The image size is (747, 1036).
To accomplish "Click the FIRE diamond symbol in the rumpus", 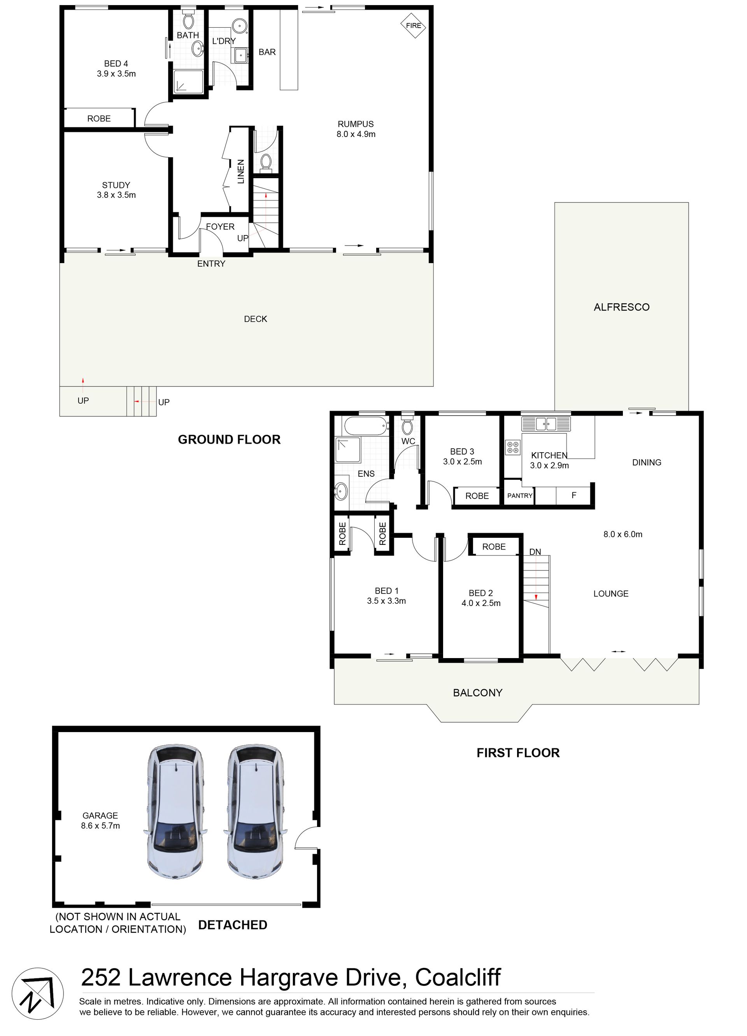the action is tap(413, 26).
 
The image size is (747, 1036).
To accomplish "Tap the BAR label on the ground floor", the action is tap(267, 52).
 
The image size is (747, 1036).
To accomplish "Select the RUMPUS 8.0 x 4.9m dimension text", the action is tap(356, 134).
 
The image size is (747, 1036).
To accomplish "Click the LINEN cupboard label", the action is tap(240, 171).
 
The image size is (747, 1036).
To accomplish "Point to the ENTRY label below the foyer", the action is tap(211, 263).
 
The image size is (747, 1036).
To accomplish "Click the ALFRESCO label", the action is tap(621, 307).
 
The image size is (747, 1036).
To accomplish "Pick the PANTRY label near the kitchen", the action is tap(520, 495).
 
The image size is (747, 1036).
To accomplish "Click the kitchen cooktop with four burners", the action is tap(513, 447).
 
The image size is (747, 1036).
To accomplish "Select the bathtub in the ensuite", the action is tap(366, 426).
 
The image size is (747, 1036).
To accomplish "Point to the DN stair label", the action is tap(535, 552).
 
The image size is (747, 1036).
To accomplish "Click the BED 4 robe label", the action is tap(99, 119).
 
